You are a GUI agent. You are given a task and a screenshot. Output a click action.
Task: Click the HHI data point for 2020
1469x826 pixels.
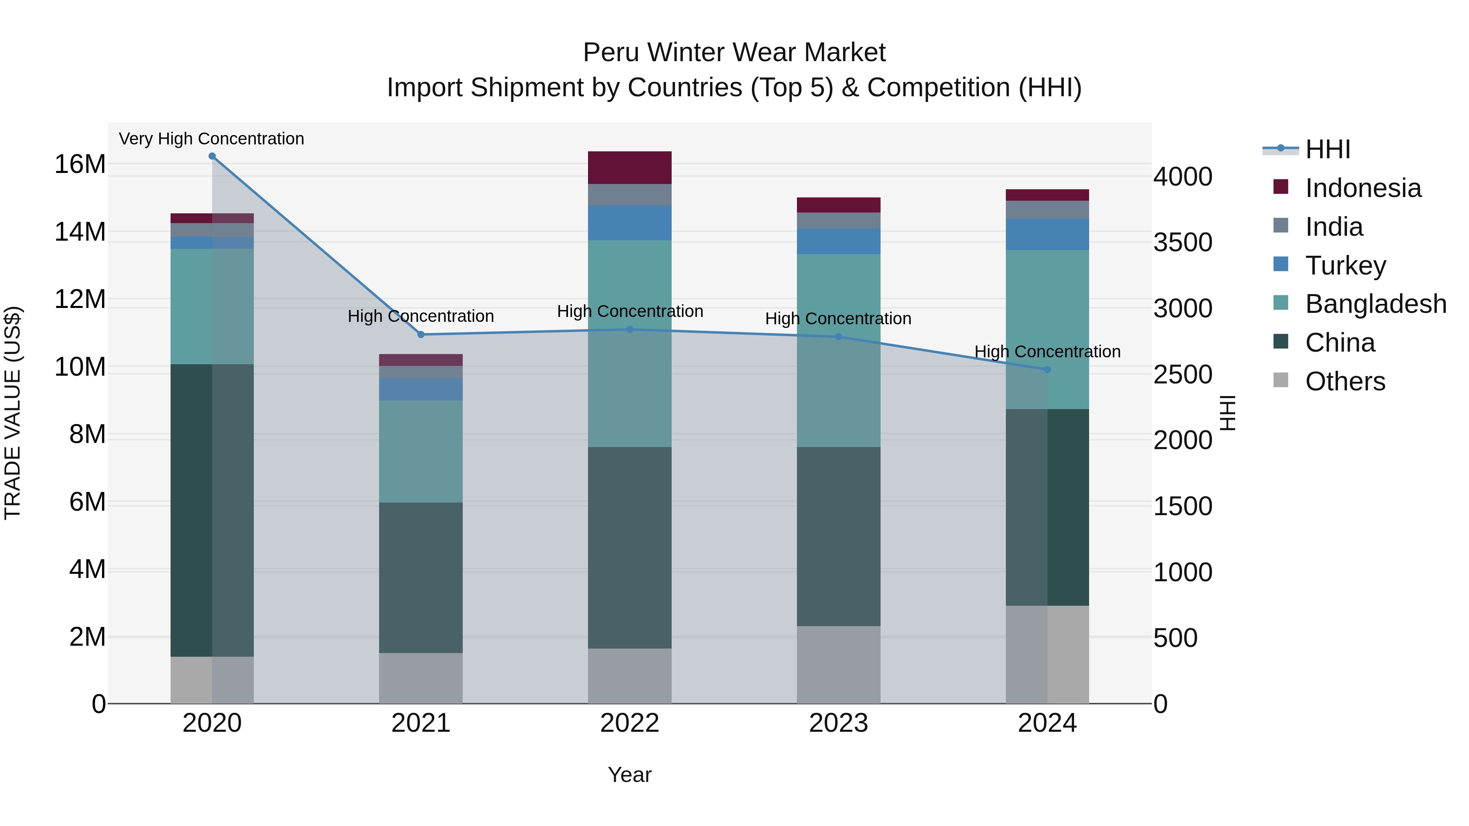(x=212, y=156)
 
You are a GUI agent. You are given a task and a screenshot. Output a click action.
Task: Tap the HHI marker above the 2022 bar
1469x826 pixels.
(x=630, y=330)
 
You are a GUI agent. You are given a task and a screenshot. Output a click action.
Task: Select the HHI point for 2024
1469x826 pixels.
(x=1047, y=370)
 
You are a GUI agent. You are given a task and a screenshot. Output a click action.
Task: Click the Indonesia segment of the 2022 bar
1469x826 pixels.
(x=630, y=168)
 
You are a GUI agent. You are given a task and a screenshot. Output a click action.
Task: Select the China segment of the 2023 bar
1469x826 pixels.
(x=838, y=536)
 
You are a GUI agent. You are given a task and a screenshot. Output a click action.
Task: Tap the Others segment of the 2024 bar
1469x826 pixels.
(x=1047, y=654)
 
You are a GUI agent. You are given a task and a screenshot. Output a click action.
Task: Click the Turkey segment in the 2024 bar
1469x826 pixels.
(x=1047, y=234)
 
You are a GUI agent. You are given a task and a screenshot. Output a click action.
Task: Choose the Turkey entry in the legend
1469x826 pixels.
(x=1345, y=266)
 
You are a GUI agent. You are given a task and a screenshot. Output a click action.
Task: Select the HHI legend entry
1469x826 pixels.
(x=1327, y=149)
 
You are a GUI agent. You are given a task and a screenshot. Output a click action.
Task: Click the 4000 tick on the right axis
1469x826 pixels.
(x=1182, y=177)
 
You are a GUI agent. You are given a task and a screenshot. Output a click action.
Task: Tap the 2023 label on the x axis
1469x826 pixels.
(x=838, y=723)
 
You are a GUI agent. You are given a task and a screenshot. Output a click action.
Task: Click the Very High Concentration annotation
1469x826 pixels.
(x=211, y=139)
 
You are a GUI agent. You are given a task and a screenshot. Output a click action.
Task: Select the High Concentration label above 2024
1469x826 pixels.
(x=1047, y=352)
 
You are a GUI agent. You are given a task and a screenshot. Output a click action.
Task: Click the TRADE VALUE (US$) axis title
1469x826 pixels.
(x=13, y=413)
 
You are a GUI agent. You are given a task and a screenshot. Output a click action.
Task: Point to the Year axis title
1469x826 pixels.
(x=630, y=775)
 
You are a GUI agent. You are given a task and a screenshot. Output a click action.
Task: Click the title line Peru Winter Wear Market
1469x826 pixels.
(x=734, y=53)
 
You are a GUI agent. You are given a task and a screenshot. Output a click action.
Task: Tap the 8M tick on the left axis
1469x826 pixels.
(x=87, y=434)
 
